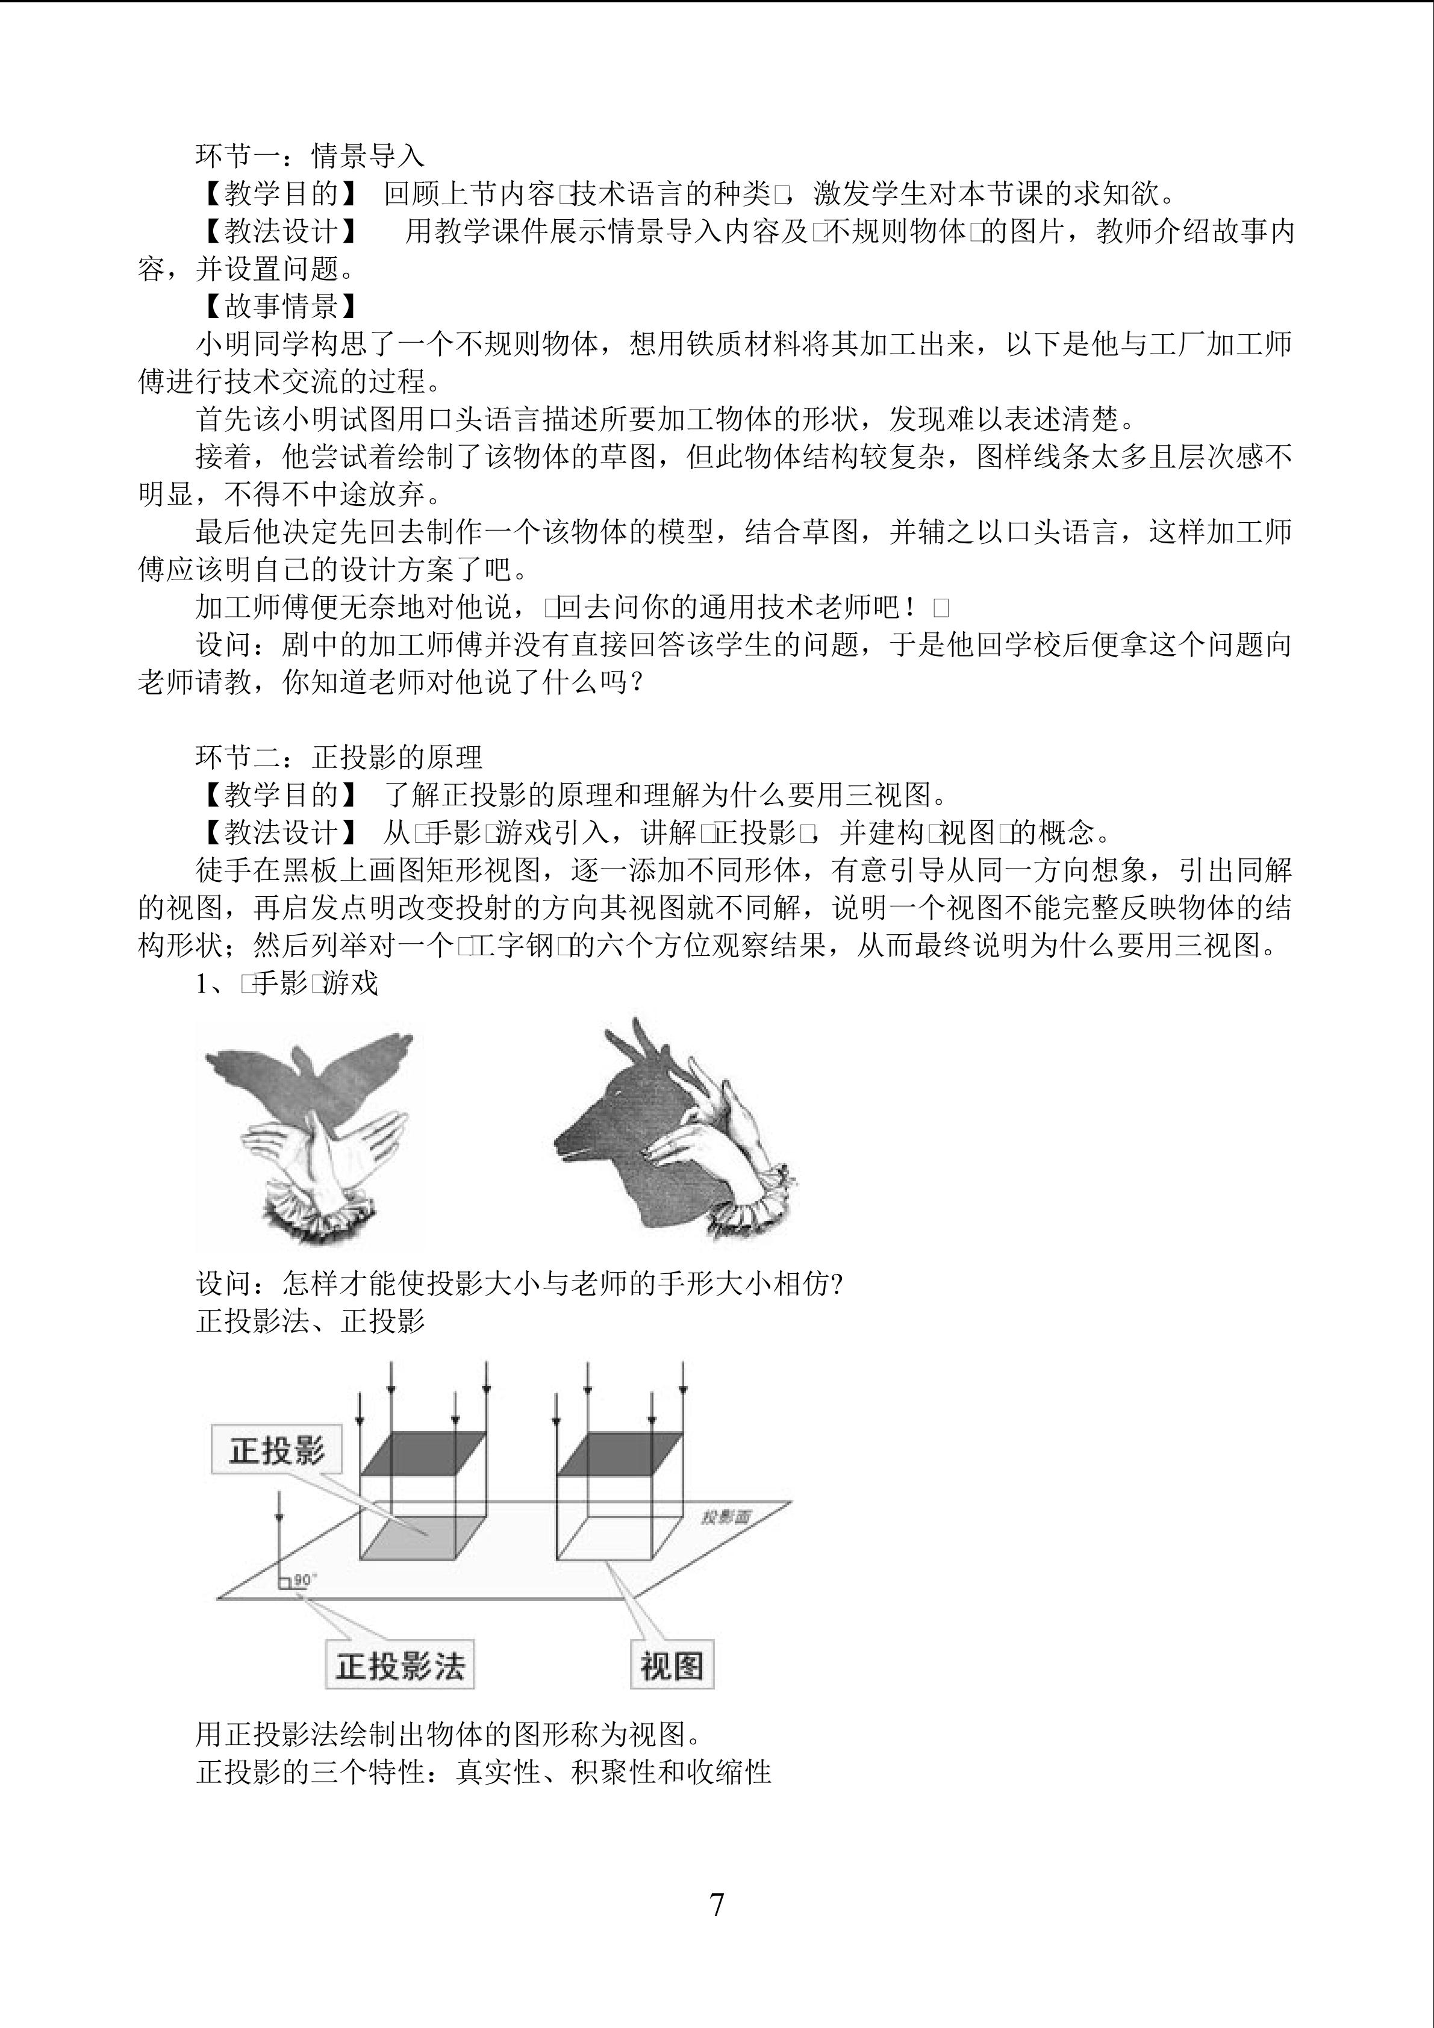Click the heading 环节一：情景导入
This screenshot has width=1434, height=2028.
point(310,157)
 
